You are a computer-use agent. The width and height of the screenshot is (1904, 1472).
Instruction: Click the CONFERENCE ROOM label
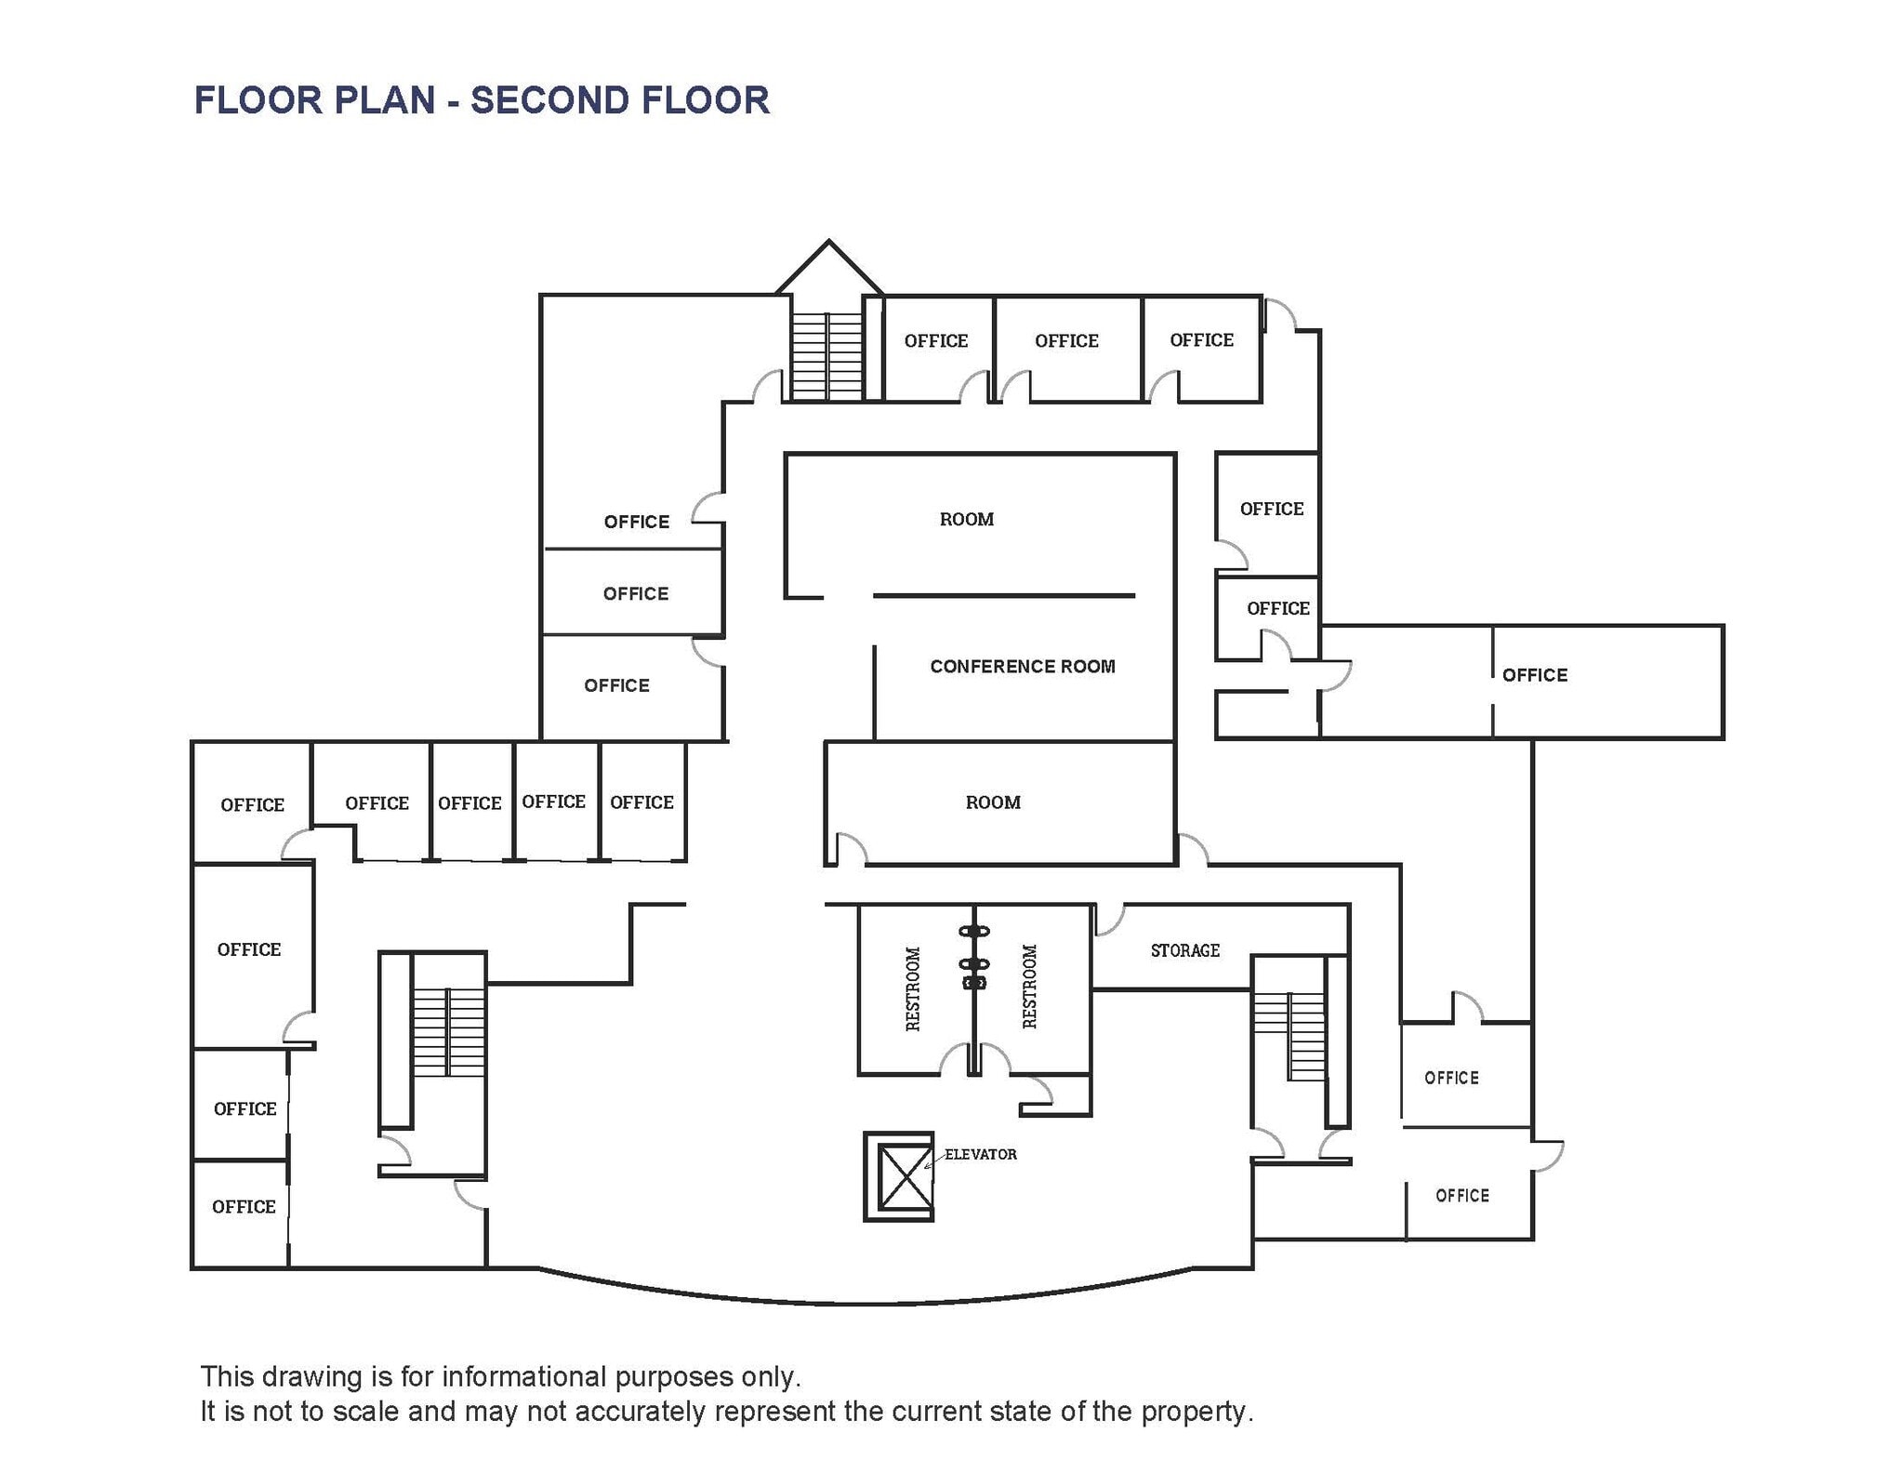pyautogui.click(x=1022, y=666)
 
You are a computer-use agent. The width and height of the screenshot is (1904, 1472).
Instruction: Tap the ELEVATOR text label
pyautogui.click(x=980, y=1154)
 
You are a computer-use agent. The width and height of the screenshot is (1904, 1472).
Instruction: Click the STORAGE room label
pyautogui.click(x=1184, y=950)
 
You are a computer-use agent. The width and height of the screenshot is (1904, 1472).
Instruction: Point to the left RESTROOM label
pyautogui.click(x=913, y=988)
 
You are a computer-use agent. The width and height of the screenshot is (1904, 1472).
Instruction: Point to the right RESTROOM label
pyautogui.click(x=1029, y=987)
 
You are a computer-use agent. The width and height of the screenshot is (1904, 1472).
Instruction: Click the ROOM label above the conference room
pyautogui.click(x=966, y=519)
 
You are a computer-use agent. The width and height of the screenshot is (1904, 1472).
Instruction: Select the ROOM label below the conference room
pyautogui.click(x=992, y=802)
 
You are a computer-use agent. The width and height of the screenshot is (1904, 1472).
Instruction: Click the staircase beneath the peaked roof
pyautogui.click(x=826, y=355)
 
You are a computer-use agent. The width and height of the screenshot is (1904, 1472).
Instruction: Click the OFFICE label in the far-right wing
pyautogui.click(x=1534, y=675)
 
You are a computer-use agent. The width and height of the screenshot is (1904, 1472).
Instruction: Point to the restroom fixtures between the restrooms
pyautogui.click(x=973, y=958)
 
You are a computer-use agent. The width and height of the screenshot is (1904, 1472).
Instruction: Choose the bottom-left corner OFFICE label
pyautogui.click(x=244, y=1206)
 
